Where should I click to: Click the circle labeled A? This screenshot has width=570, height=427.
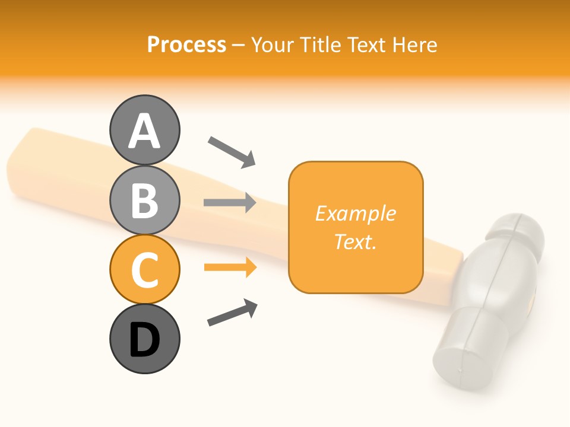144,130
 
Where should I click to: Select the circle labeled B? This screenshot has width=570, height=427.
144,200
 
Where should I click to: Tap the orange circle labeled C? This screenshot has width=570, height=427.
144,269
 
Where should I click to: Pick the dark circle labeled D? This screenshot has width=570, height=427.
144,339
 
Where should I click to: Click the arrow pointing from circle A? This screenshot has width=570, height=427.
232,152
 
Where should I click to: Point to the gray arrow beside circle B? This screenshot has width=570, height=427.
230,203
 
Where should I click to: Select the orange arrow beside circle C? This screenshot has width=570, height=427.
230,267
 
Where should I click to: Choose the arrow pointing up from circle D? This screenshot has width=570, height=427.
232,313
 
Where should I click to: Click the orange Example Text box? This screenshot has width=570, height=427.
356,227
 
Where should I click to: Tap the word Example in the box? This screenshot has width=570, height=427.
356,213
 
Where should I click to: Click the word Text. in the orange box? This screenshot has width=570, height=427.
356,241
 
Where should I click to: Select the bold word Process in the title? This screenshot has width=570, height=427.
186,44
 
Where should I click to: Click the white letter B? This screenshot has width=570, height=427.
144,200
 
